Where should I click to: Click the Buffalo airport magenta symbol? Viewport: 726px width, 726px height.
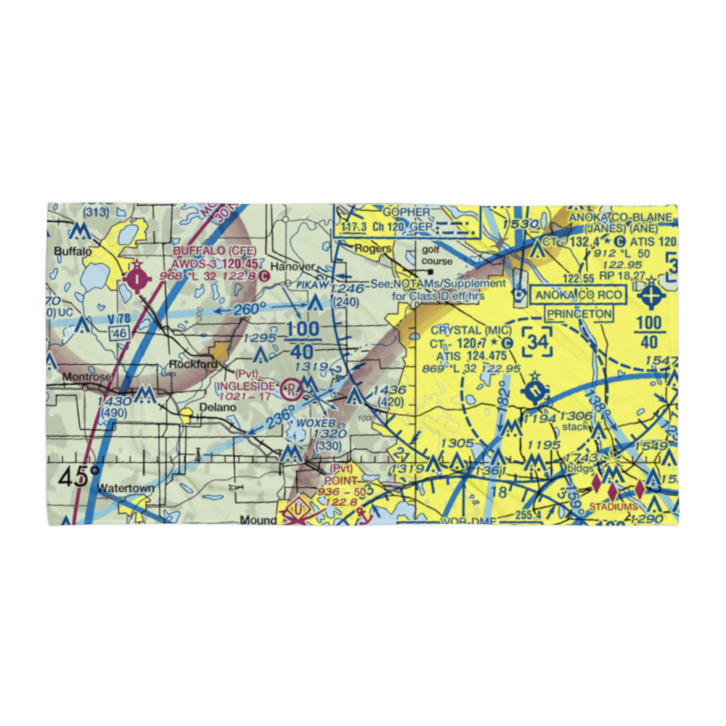coord(137,277)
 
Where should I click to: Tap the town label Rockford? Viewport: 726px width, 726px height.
coord(193,364)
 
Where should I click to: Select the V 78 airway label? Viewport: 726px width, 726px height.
coord(120,319)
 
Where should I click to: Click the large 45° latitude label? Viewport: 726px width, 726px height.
coord(79,477)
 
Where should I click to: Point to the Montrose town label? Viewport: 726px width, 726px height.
coord(86,378)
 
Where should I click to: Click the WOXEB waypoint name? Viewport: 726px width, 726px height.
coord(316,423)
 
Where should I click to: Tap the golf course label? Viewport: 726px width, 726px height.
coord(437,256)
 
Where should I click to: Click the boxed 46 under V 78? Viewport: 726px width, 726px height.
coord(119,333)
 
